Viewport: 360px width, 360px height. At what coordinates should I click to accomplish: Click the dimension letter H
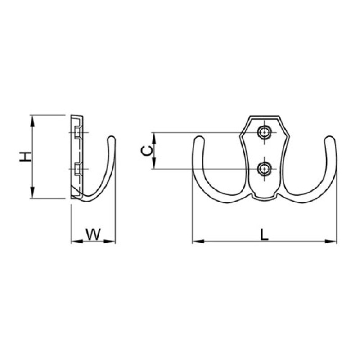25,157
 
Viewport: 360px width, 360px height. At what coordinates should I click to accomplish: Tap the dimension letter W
93,234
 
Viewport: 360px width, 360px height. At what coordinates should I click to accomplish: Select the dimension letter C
147,151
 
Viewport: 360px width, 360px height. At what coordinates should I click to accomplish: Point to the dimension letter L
264,234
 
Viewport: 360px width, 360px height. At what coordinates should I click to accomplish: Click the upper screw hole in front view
265,132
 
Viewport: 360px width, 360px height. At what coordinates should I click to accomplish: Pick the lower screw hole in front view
265,169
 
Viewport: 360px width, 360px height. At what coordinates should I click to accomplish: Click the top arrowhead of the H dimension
32,120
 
